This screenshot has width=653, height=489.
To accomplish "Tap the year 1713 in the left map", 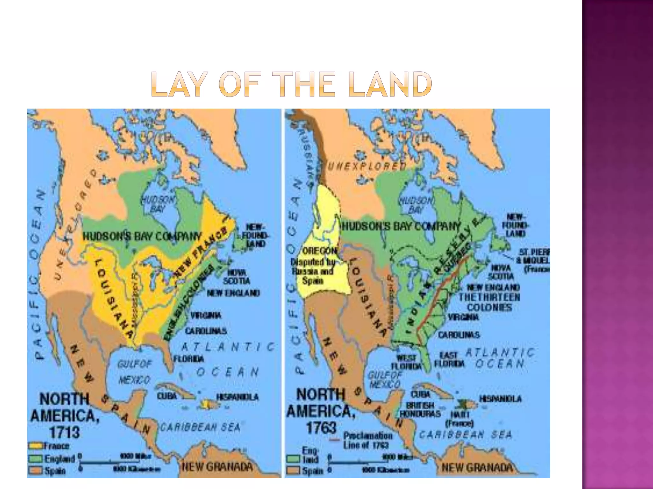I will (x=64, y=432).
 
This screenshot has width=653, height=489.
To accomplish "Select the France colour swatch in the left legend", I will (x=36, y=446).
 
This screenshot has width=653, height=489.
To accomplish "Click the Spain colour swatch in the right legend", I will (x=293, y=470).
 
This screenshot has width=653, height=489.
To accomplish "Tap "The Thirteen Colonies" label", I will (x=489, y=302).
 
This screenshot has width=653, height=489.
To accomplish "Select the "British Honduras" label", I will (x=420, y=410).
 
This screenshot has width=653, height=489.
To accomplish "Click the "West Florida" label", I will (x=407, y=362).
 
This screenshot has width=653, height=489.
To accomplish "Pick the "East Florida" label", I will (x=449, y=359).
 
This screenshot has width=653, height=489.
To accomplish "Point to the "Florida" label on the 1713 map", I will (x=188, y=359).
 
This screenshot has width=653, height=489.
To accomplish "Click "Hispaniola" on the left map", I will (x=237, y=397).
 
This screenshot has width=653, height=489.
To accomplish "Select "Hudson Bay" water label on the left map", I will (x=158, y=204).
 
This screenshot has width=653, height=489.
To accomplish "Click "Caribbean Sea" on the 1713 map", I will (x=200, y=428).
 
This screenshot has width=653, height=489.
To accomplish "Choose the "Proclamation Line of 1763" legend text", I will (x=367, y=440).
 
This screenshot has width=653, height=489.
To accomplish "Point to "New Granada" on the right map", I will (x=477, y=468).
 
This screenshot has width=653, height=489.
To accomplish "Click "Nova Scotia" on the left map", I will (x=236, y=277).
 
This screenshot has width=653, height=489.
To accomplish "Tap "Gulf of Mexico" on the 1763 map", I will (x=384, y=380).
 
